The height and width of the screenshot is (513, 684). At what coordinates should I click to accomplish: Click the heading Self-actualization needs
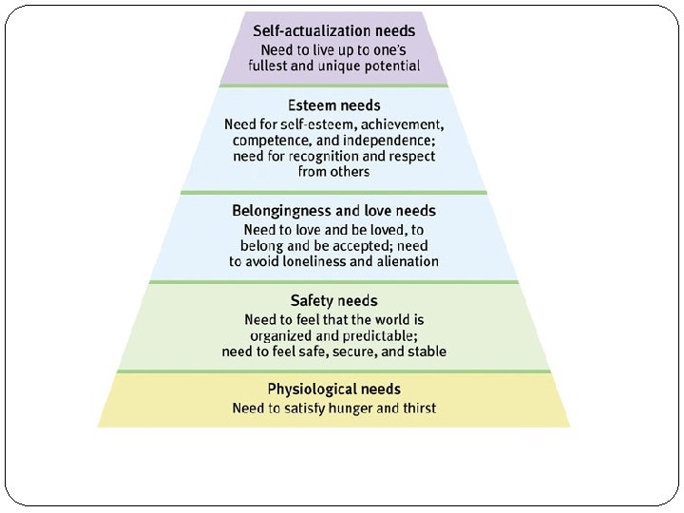coord(333,30)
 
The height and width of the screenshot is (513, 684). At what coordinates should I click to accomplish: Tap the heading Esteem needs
coord(333,105)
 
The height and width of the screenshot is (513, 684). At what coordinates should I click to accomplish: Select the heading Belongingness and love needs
coord(333,210)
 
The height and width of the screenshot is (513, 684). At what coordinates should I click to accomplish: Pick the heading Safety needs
coord(333,301)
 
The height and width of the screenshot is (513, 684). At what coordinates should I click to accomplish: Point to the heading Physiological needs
coord(333,389)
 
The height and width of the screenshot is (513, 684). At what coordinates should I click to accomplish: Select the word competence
coord(263,141)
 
